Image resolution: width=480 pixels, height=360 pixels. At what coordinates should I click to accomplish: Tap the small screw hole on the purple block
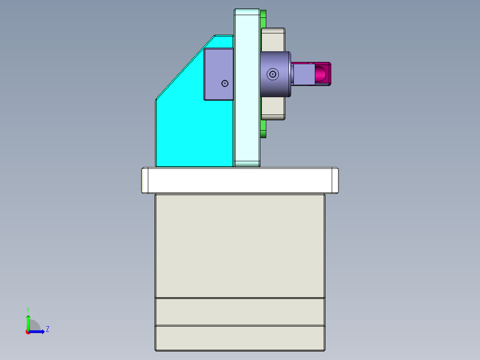pos(225,83)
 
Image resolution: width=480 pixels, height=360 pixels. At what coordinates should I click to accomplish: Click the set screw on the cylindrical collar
pos(273,74)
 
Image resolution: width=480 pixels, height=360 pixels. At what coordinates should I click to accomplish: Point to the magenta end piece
pos(323,74)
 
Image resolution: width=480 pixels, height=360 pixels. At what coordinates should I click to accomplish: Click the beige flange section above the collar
pos(273,40)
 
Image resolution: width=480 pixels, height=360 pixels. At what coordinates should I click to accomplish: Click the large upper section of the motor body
pos(240,245)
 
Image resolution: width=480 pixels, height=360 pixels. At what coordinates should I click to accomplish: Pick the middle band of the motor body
pos(240,311)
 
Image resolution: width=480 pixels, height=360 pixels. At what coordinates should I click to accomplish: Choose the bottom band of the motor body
pos(240,338)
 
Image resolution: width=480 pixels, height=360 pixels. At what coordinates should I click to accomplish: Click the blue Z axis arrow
pos(38,331)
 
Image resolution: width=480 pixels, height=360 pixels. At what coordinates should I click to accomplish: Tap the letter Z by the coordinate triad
pos(48,329)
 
